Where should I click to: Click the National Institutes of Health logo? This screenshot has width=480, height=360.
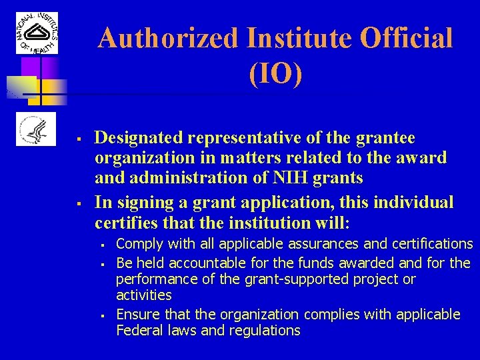click(37, 33)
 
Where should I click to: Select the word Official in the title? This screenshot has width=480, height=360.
click(406, 39)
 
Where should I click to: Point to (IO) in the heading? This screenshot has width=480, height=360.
click(275, 74)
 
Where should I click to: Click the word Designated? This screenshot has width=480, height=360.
click(139, 138)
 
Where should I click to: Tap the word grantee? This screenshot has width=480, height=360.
click(388, 138)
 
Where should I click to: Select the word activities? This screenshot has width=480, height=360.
click(143, 295)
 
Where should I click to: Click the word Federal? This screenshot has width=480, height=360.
click(137, 331)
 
